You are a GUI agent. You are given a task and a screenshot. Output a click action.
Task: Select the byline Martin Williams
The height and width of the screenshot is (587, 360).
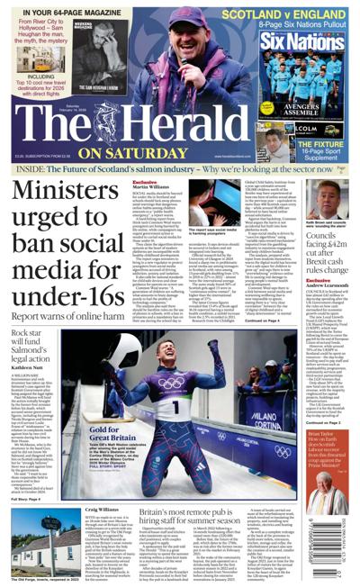[x=154, y=186]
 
